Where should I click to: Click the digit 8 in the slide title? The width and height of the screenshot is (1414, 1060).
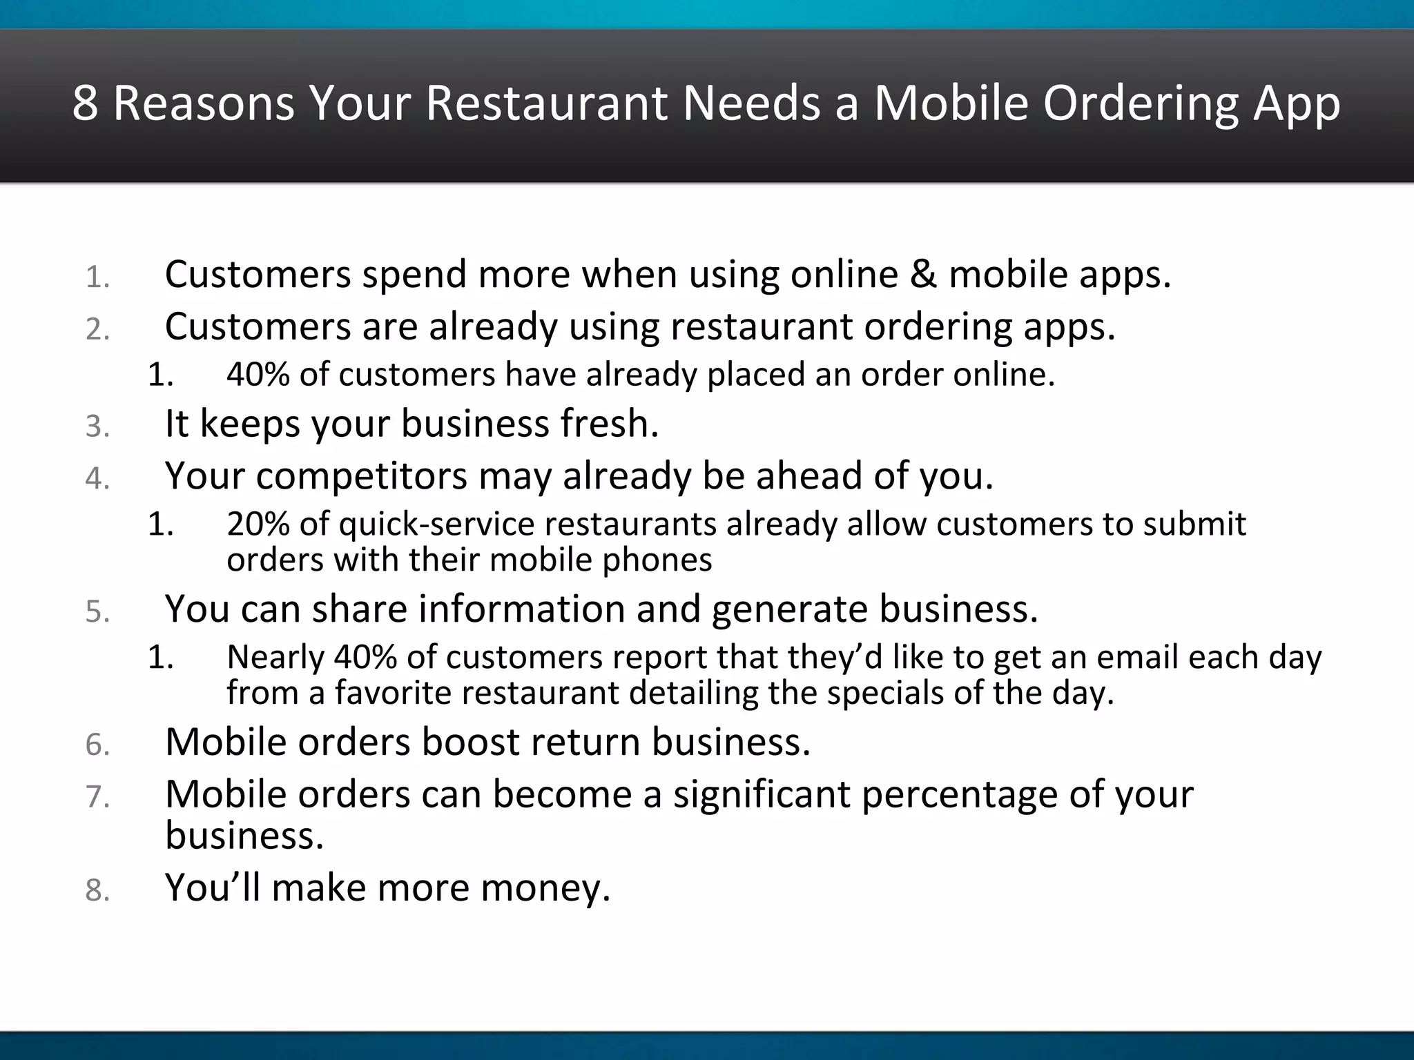85,104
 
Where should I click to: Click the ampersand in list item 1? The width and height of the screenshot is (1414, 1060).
923,275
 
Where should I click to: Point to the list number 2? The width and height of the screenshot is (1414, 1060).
97,330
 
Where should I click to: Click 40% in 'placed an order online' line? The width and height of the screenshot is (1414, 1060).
258,375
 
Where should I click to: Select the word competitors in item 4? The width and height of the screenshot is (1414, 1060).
361,476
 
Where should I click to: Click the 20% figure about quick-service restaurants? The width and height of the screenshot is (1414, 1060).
258,524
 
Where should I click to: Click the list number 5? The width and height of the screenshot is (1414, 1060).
97,612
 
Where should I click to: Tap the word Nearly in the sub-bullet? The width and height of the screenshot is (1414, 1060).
275,657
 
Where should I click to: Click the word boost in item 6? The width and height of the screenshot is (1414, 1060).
470,742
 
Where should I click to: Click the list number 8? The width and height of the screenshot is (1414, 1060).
97,891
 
